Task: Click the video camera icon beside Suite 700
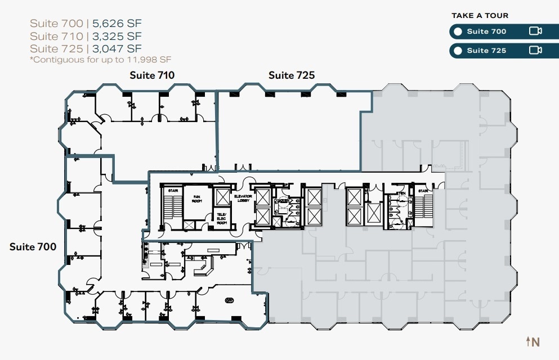(x=535, y=31)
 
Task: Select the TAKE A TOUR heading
(x=480, y=16)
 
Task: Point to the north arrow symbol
(x=532, y=341)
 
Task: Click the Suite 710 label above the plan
(x=152, y=75)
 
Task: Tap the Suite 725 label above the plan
(x=291, y=75)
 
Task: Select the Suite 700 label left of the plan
(x=33, y=246)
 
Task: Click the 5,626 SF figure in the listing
(x=118, y=24)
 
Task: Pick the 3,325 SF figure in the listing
(x=118, y=37)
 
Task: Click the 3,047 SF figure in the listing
(x=118, y=49)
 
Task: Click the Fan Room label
(x=197, y=198)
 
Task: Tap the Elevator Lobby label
(x=243, y=198)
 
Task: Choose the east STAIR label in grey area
(x=423, y=191)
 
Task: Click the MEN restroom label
(x=400, y=193)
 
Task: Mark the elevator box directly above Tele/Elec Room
(x=222, y=198)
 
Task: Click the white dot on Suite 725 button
(x=458, y=51)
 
